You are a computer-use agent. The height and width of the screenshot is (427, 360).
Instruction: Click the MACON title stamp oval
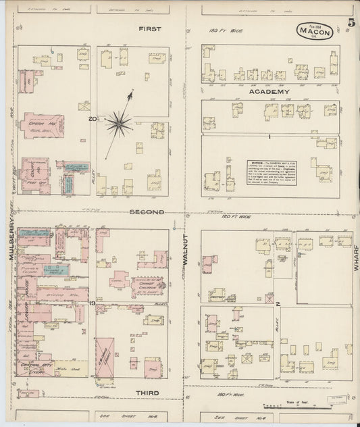click(315, 31)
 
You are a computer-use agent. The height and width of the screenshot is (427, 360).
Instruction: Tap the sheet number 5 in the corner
click(352, 22)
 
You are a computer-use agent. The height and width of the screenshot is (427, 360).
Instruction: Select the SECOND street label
click(147, 212)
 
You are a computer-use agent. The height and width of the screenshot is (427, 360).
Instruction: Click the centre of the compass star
click(118, 123)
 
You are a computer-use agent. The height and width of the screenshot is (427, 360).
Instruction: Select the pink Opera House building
click(43, 125)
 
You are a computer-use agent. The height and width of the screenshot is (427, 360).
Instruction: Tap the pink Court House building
click(34, 172)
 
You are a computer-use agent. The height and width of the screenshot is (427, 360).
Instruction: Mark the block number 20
click(91, 118)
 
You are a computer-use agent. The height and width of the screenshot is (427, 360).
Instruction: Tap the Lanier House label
click(25, 297)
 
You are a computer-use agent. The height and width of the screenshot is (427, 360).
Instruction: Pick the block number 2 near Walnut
click(278, 305)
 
